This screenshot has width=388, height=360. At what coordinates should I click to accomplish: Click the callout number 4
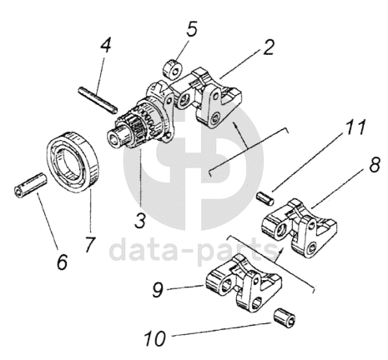point(105,45)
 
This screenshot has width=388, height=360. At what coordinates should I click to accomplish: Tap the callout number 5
point(192,28)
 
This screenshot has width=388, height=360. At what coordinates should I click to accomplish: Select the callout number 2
point(268,47)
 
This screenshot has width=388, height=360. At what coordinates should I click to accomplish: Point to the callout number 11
point(354,127)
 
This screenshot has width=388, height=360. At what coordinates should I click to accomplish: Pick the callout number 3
point(140,220)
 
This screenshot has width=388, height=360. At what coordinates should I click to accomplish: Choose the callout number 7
point(90,244)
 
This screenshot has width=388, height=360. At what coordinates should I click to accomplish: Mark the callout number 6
point(62,261)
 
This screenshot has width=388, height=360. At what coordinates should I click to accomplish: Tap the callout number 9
point(158,289)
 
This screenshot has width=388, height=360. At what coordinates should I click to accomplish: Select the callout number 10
point(155,338)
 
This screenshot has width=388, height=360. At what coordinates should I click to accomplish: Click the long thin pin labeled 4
point(97,100)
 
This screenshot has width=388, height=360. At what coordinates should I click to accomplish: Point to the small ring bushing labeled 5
point(171,68)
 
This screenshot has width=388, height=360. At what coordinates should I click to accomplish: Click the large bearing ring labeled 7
point(73,161)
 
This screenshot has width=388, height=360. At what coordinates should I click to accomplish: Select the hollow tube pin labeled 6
point(30,185)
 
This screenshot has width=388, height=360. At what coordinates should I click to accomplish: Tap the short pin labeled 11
point(265,198)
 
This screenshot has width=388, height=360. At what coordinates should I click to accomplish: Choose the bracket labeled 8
point(300,227)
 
